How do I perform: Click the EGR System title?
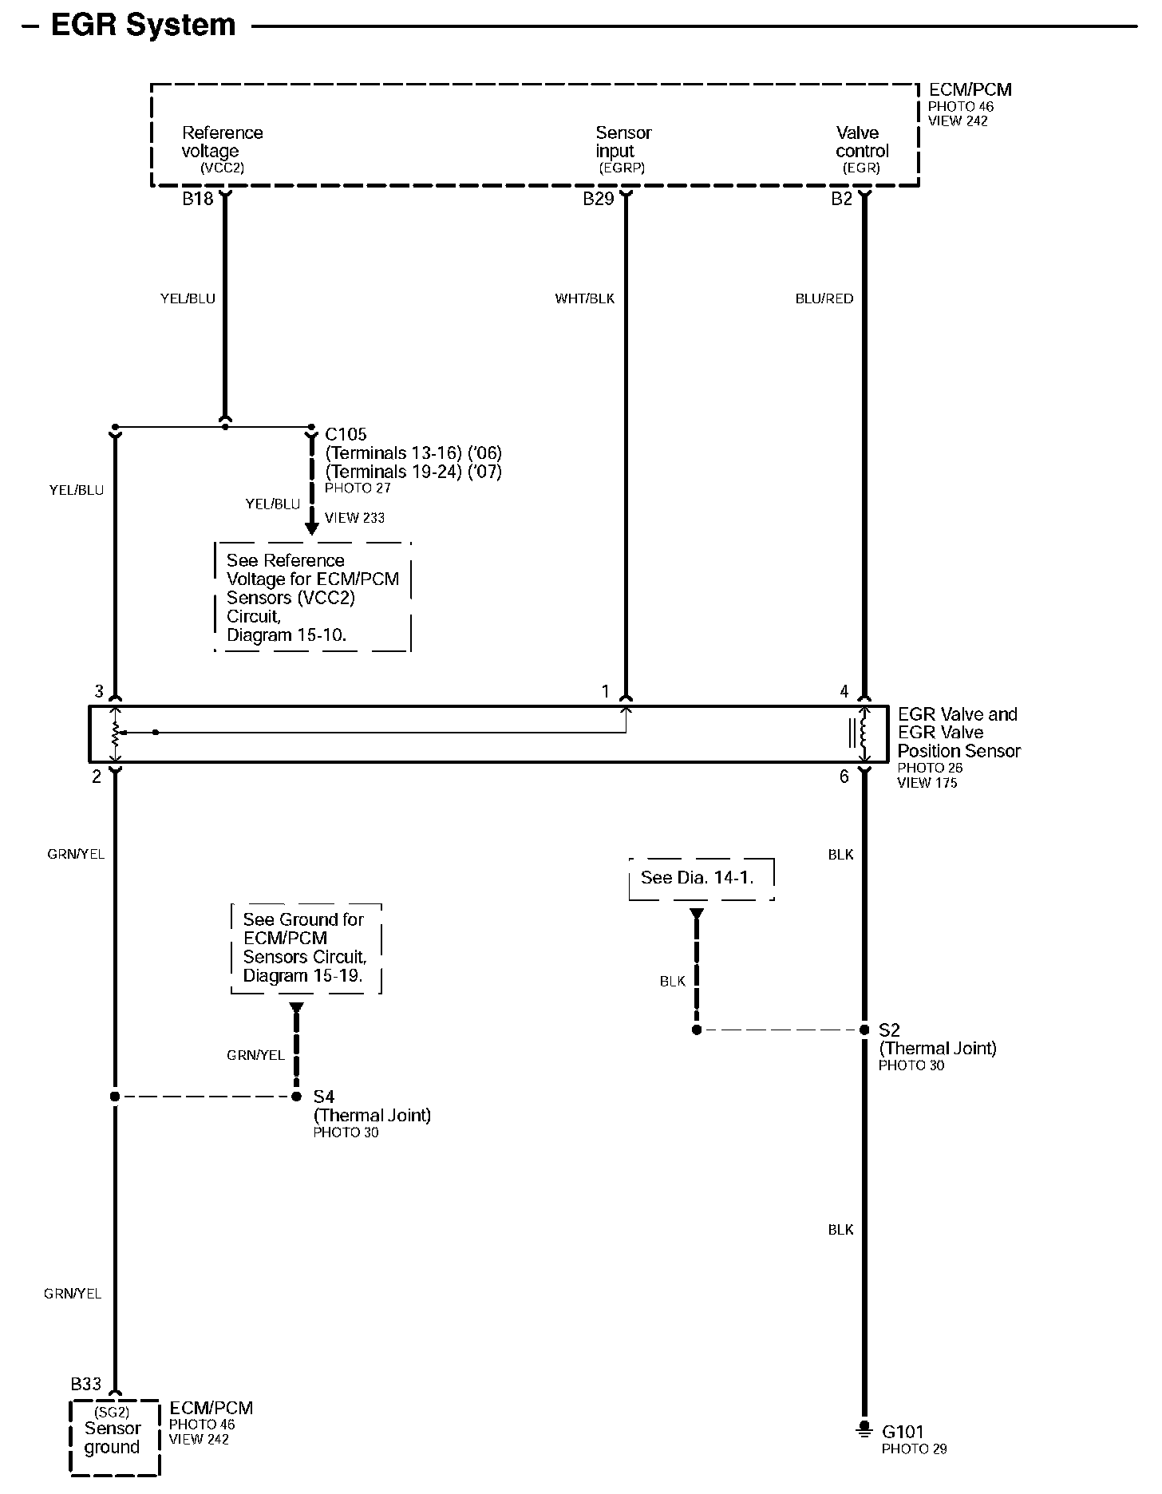143,25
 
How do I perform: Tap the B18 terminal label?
197,199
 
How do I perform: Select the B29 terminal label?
598,199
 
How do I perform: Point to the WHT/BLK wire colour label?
584,298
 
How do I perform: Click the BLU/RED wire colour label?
824,298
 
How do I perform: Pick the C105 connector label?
346,434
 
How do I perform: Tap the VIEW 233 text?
354,518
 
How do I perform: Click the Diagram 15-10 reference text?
287,635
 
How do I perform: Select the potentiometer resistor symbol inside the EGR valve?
116,733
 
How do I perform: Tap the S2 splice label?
888,1030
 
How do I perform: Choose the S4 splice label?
323,1097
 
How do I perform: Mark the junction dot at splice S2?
863,1030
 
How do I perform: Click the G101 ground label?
902,1432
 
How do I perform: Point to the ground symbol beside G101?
863,1431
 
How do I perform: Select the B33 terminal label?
86,1383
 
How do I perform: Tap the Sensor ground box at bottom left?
113,1437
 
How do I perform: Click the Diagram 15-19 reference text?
302,975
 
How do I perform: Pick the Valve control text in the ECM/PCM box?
861,142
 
